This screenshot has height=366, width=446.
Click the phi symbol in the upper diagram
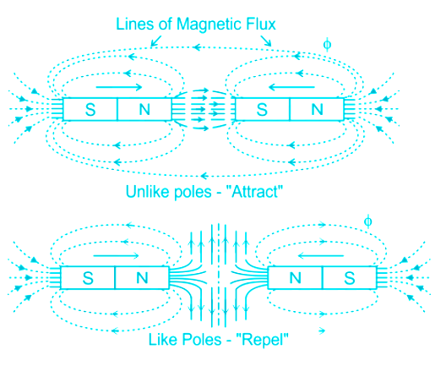[327, 45]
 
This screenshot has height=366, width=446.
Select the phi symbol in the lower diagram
[367, 221]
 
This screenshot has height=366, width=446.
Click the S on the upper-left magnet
[90, 110]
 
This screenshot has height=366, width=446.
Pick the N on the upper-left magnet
[144, 109]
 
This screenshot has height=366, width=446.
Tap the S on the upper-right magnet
[262, 110]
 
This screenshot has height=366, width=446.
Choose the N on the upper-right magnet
[317, 109]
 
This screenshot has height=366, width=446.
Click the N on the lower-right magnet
[296, 278]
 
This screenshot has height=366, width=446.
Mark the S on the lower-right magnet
[350, 278]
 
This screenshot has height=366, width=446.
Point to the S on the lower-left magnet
[88, 278]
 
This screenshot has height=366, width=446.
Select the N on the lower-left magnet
[142, 278]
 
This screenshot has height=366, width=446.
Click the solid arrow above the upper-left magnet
[119, 87]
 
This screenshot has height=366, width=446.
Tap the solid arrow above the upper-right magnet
[291, 87]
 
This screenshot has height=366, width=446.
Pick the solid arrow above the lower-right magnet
[321, 256]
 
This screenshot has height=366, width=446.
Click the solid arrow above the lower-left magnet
[116, 256]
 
